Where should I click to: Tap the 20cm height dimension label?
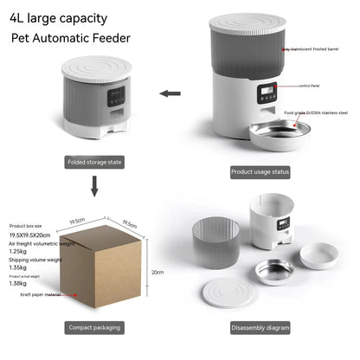coord(157,271)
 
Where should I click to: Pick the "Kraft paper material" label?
coord(39,294)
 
